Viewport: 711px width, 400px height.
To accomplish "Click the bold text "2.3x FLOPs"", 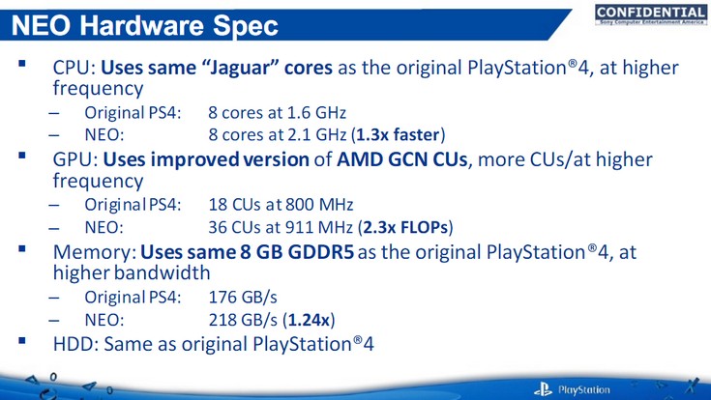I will (x=411, y=227).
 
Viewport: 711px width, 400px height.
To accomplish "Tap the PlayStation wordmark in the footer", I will (x=585, y=389).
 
